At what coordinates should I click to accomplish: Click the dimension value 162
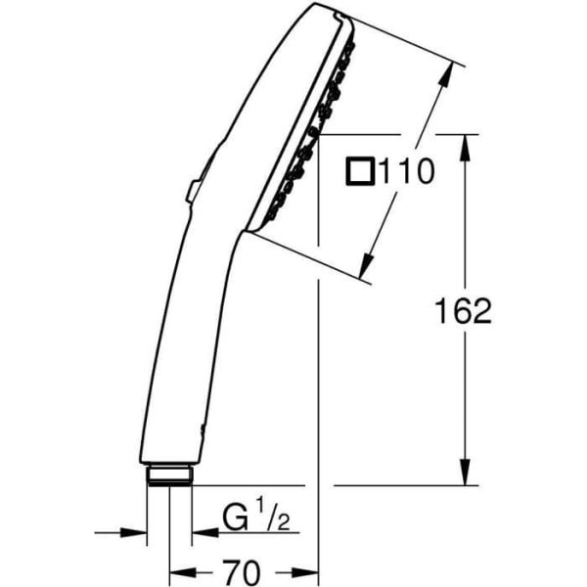(x=462, y=311)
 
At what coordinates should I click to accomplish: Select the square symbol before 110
(x=359, y=174)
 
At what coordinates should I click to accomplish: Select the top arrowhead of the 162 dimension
(x=465, y=143)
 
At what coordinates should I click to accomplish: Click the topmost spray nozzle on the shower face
(x=344, y=47)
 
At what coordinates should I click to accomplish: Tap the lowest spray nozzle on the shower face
(x=269, y=211)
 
